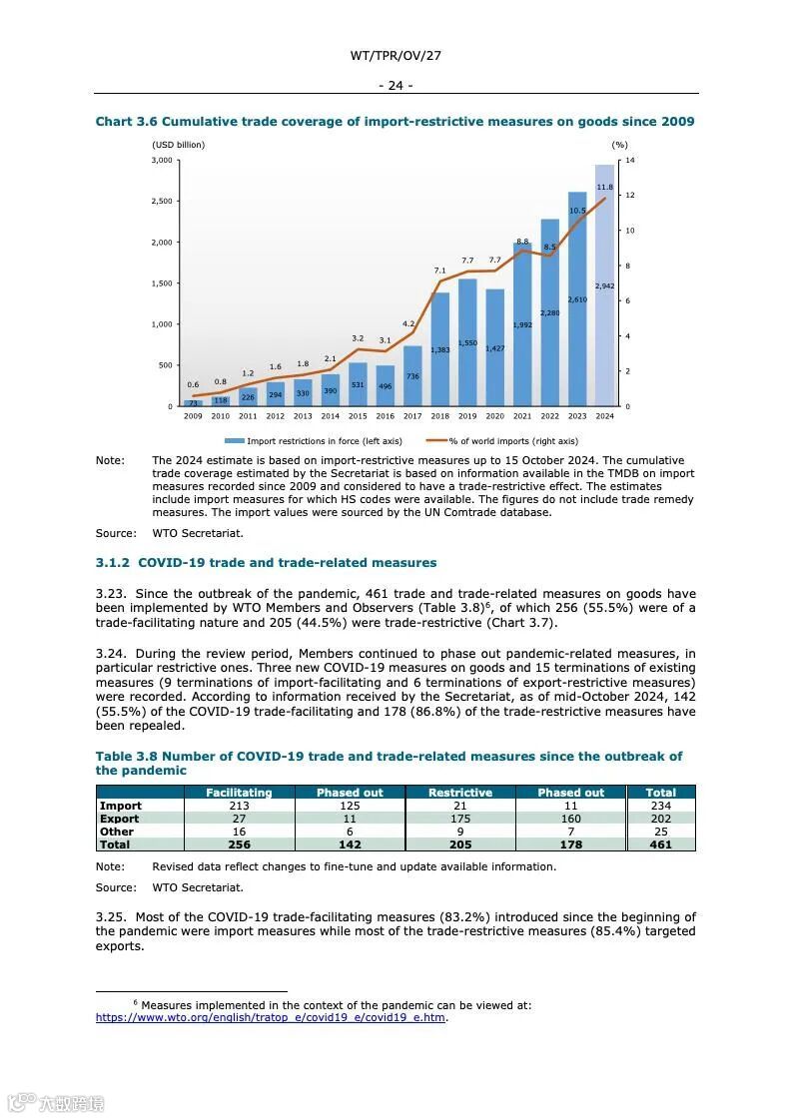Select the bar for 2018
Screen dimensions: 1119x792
[x=439, y=349]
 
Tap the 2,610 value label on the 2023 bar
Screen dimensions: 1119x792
[x=577, y=299]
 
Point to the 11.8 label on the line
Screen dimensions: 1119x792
[x=604, y=187]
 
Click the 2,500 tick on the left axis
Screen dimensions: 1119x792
[x=162, y=202]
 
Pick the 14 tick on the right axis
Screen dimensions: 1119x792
[x=630, y=160]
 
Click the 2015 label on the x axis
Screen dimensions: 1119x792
[x=358, y=416]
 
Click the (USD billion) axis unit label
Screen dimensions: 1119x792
[x=179, y=145]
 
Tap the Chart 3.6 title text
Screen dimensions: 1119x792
[x=395, y=122]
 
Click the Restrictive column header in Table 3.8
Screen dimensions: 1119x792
[x=460, y=793]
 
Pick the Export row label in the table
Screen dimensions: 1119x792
[x=120, y=819]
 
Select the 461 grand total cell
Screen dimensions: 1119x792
[x=660, y=844]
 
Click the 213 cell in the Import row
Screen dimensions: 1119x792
[x=239, y=806]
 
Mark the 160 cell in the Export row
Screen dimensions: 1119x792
[x=570, y=819]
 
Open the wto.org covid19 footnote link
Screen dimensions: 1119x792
[x=270, y=1018]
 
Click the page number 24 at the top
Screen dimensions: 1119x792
[x=396, y=85]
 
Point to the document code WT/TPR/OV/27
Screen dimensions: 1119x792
[x=396, y=56]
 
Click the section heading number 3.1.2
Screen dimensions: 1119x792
[x=113, y=563]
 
